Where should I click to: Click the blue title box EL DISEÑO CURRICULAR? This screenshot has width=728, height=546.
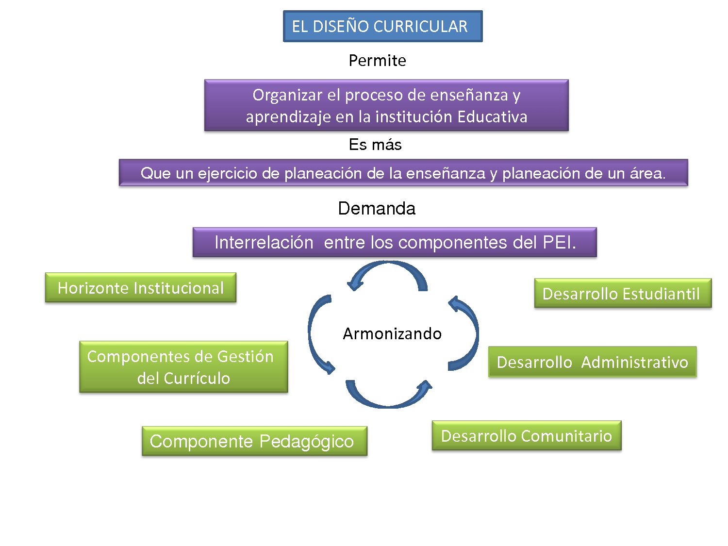[382, 26]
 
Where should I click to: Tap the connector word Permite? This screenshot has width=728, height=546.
[377, 61]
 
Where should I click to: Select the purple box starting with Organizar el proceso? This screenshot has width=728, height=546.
[386, 105]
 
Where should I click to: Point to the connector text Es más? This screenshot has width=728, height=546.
[375, 145]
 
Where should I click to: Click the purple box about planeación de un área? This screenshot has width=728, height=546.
[403, 173]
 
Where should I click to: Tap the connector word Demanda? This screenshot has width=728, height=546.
[377, 209]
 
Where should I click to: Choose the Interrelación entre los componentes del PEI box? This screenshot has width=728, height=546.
[395, 242]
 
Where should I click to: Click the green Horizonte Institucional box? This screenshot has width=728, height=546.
[141, 288]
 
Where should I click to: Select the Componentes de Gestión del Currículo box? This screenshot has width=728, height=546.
[183, 367]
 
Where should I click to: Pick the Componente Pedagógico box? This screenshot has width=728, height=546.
[254, 441]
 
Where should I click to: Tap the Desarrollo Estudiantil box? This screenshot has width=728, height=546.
[623, 293]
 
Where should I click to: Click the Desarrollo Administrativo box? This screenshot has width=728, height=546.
[592, 362]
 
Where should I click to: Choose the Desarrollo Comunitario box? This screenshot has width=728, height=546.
[527, 436]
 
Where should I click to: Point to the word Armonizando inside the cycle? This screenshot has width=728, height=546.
[392, 334]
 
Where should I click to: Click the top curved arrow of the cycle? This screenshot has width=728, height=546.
[388, 272]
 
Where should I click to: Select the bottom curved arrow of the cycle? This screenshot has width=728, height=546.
[388, 397]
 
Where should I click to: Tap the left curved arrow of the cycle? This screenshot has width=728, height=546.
[315, 335]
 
